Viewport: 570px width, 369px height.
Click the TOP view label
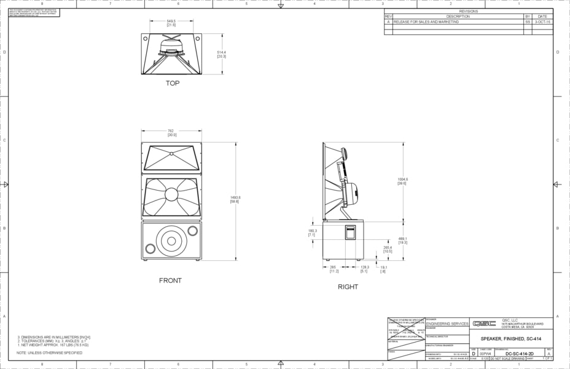coord(173,83)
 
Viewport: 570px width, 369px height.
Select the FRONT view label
coord(170,280)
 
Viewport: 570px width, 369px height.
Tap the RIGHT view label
coord(348,287)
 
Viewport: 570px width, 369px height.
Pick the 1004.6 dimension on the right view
coord(403,181)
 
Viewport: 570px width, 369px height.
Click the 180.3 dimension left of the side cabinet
coord(312,233)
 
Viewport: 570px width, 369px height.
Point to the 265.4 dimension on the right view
coord(388,250)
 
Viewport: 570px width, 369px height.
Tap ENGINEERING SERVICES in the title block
coord(447,323)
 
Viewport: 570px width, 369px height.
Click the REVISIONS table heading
coord(468,11)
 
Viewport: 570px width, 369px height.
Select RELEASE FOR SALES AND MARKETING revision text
coord(424,22)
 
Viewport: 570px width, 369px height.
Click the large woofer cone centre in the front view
coord(171,240)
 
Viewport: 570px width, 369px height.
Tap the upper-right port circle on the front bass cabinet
coord(193,231)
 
